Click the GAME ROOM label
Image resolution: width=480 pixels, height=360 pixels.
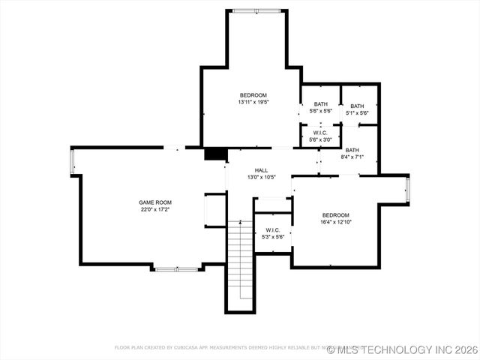[x=155, y=202]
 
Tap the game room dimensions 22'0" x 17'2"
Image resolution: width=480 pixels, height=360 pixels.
[x=155, y=210]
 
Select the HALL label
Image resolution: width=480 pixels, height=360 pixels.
[x=261, y=170]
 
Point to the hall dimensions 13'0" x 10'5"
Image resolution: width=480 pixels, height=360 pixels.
[x=261, y=178]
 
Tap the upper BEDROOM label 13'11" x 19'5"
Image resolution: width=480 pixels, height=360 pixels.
[x=253, y=95]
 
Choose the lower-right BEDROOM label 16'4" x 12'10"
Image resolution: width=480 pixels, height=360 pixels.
[x=335, y=214]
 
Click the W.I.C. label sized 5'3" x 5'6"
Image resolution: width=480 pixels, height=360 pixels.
[x=272, y=230]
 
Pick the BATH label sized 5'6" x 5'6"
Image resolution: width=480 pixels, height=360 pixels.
[x=321, y=104]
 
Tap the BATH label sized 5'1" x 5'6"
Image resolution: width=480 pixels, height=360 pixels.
[x=357, y=106]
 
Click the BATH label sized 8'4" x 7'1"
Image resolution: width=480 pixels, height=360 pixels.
[x=352, y=150]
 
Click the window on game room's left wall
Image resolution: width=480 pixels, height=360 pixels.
[x=72, y=161]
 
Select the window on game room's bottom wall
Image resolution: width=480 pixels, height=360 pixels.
[x=176, y=268]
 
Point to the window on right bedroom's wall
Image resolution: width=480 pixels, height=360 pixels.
[x=407, y=190]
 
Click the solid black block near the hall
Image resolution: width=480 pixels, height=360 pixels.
[x=215, y=153]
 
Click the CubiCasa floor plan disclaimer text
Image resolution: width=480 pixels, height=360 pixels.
[x=225, y=348]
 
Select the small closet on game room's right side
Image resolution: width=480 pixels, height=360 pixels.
[x=215, y=210]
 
